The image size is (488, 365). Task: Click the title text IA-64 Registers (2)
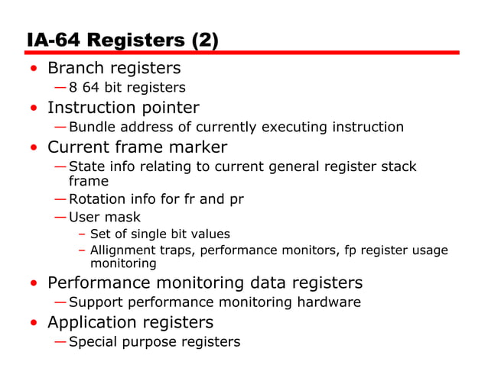(x=122, y=40)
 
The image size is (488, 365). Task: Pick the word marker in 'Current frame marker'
(x=197, y=147)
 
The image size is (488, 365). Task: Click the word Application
(x=92, y=322)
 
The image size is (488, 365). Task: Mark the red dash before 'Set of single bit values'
(x=81, y=234)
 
